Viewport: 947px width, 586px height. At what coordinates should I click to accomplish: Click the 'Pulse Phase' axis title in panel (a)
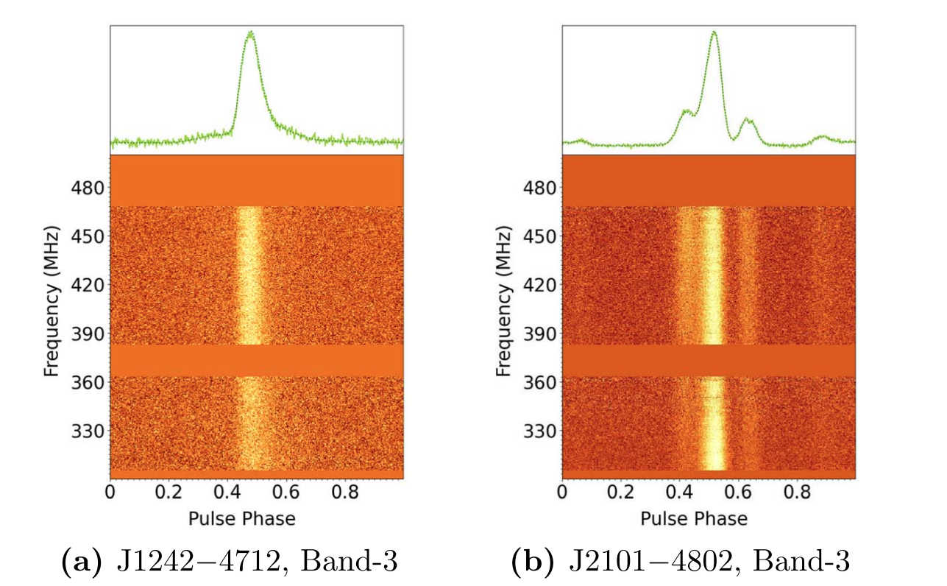tap(242, 519)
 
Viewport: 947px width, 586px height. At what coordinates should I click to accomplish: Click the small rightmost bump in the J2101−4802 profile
tap(822, 137)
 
